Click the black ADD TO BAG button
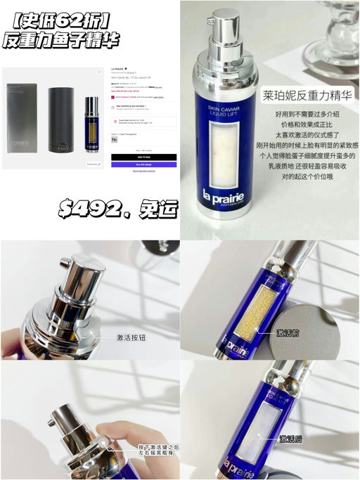(x=144, y=156)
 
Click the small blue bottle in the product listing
(x=91, y=123)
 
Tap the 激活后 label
(x=295, y=439)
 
